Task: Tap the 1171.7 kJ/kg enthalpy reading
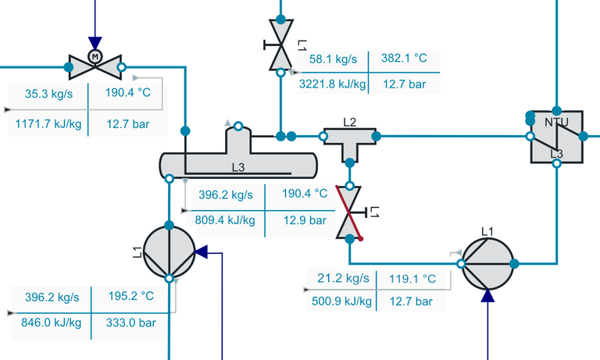48,123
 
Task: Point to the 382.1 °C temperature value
404,59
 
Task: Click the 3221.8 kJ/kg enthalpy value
333,83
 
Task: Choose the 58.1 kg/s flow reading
333,59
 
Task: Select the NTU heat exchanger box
556,137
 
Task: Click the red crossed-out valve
349,212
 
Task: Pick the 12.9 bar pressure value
306,220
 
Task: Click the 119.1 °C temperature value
414,278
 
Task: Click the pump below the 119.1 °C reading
487,264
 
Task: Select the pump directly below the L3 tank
169,251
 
